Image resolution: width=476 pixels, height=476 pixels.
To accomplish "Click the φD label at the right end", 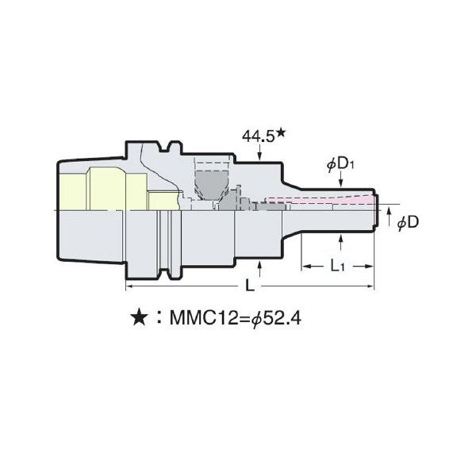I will click(407, 223).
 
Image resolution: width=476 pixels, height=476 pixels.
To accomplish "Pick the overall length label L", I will click(250, 283).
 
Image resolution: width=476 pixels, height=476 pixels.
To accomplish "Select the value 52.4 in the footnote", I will click(284, 319).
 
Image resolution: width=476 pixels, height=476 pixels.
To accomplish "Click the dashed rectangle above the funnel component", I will click(211, 169).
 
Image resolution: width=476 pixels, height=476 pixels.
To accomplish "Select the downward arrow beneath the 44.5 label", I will click(262, 155).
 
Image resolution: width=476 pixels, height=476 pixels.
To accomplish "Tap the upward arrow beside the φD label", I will click(389, 213).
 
